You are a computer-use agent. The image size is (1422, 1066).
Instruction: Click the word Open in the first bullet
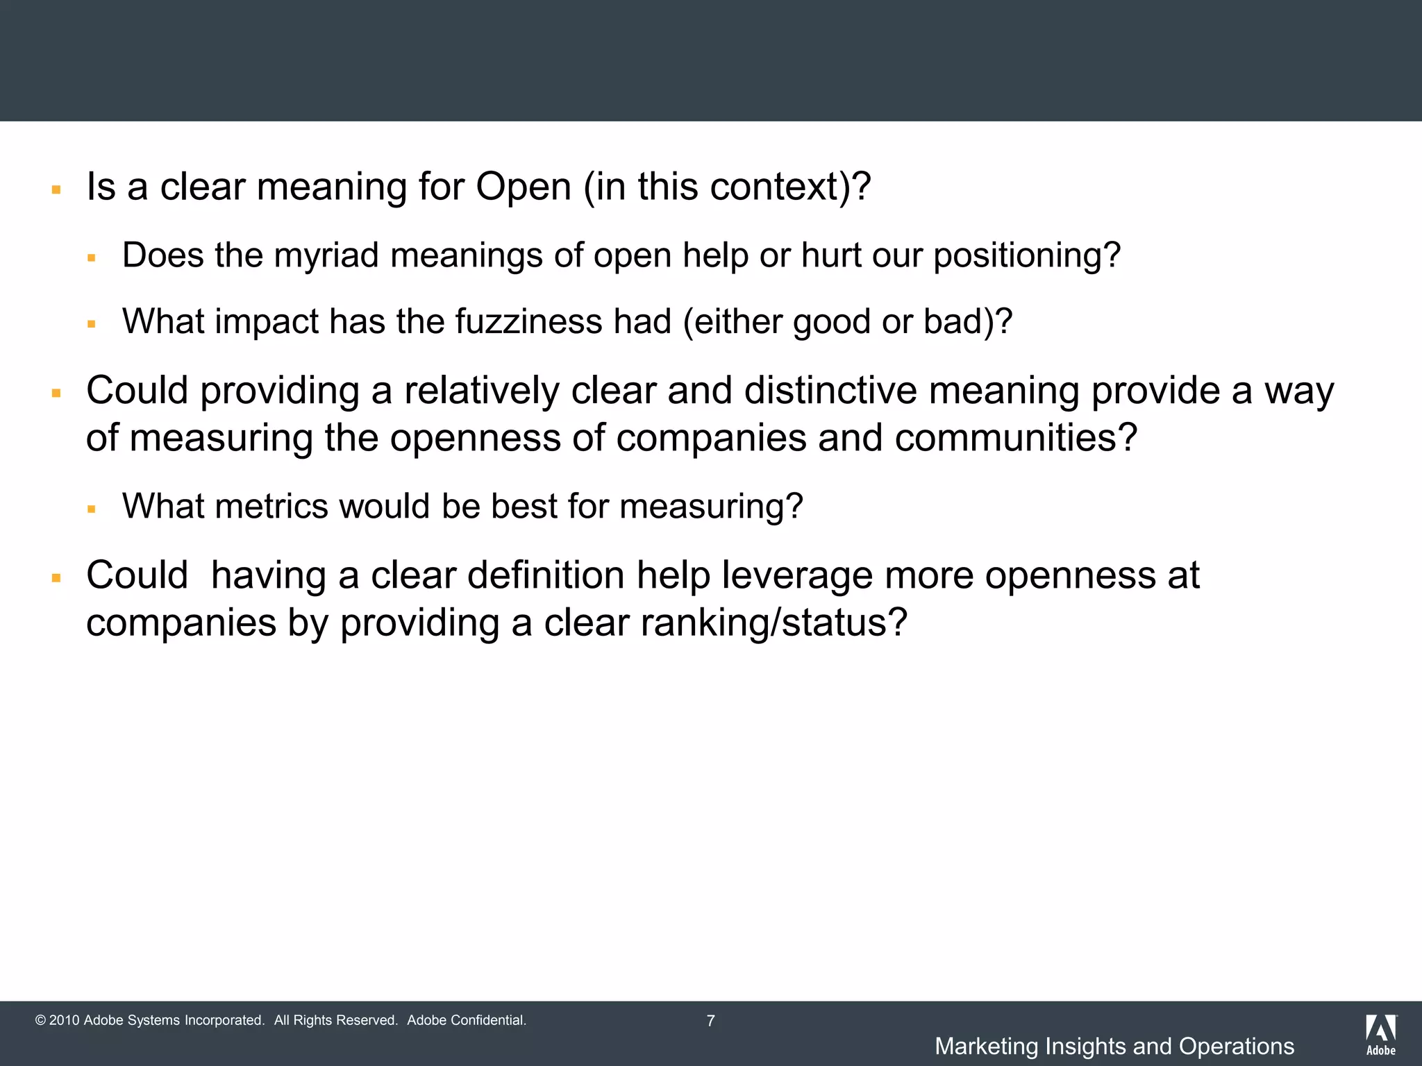523,187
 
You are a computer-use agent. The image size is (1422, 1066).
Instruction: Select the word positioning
1026,255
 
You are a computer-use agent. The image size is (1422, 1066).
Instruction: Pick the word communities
1016,438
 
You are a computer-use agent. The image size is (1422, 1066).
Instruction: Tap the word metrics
271,506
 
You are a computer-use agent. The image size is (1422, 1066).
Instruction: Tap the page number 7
710,1021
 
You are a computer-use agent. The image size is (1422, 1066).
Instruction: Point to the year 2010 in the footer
65,1021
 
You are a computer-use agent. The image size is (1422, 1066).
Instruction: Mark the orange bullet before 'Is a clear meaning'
56,189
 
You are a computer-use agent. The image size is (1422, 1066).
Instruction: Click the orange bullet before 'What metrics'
92,509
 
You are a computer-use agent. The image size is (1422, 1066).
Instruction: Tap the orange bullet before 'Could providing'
56,393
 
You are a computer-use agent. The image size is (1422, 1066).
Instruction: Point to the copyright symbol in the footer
40,1021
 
